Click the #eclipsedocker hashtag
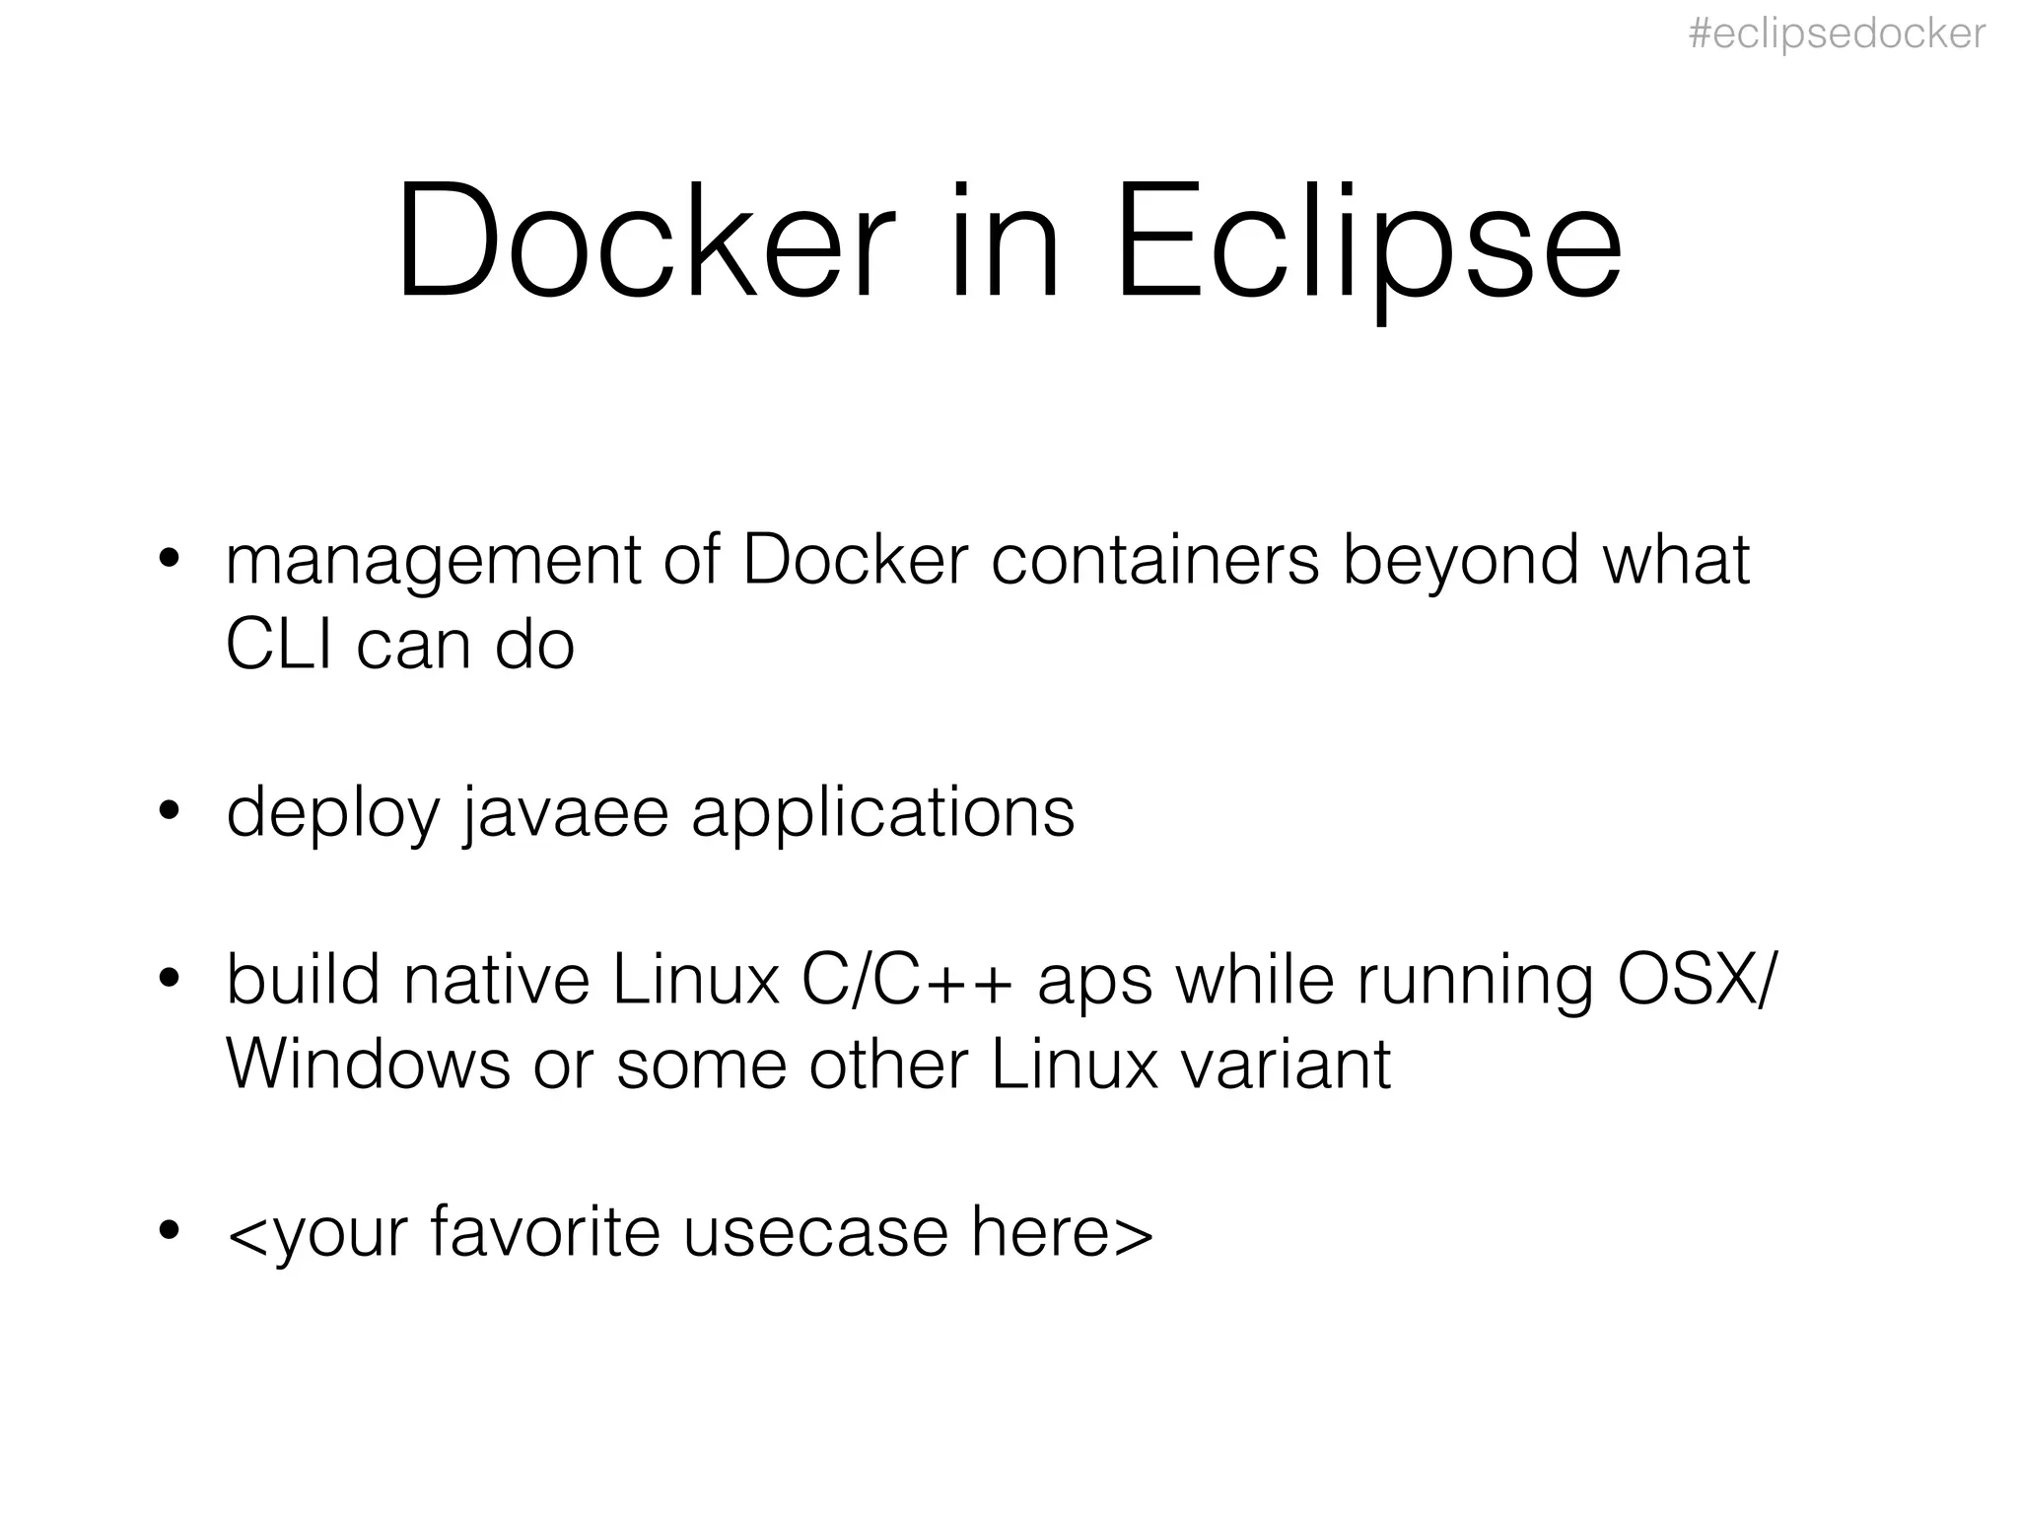coord(1837,34)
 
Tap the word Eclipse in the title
coord(1367,241)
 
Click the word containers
coord(1154,560)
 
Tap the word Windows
coord(368,1064)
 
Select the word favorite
coord(545,1232)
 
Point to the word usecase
coord(815,1232)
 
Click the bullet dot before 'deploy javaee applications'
coord(170,810)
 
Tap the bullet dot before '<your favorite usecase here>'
coord(170,1230)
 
